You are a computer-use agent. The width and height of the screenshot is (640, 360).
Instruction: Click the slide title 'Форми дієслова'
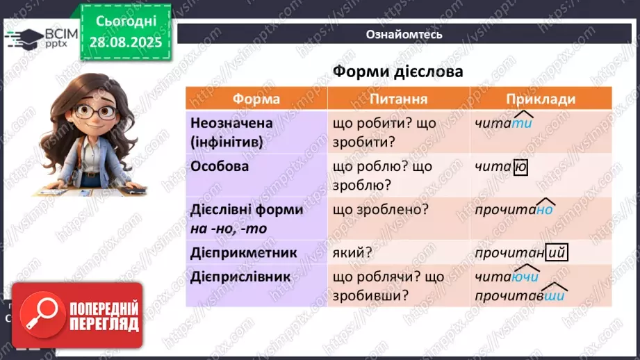point(397,72)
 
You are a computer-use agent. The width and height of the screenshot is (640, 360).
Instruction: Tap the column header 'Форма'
point(256,99)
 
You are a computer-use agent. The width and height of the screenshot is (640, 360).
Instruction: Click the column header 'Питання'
point(398,99)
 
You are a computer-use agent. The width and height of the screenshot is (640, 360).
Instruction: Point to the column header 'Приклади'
point(541,99)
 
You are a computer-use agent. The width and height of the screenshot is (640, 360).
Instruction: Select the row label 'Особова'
point(219,167)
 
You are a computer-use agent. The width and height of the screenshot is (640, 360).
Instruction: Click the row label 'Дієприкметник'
point(243,253)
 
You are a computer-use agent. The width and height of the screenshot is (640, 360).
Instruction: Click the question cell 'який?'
point(353,253)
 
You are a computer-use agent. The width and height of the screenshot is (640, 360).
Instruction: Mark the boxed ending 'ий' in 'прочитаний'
point(557,254)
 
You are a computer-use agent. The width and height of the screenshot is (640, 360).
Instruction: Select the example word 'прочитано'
point(514,210)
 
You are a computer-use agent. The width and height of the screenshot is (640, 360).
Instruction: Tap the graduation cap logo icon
point(22,38)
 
